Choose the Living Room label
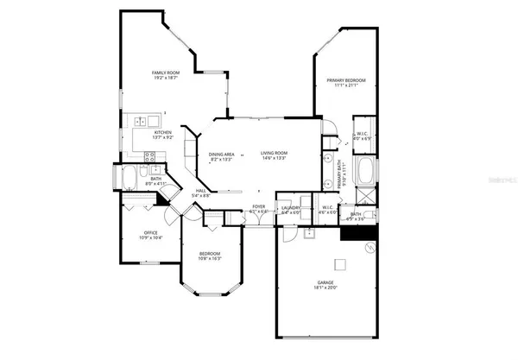click(x=275, y=154)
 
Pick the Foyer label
click(x=258, y=206)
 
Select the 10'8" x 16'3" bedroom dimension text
click(x=210, y=258)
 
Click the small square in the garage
click(x=340, y=264)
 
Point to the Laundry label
click(x=290, y=207)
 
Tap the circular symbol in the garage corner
click(x=370, y=248)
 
